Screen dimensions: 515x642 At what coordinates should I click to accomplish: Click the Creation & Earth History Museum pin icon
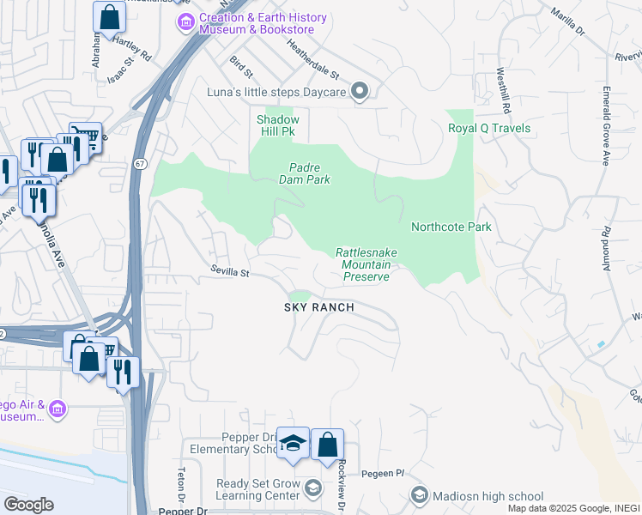tap(185, 23)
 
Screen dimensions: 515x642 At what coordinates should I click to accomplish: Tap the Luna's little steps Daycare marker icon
tap(361, 91)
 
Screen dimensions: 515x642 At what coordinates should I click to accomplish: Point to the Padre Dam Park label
tap(305, 173)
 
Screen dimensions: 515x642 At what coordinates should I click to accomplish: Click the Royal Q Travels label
tap(489, 129)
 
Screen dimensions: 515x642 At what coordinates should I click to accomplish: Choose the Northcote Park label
tap(451, 227)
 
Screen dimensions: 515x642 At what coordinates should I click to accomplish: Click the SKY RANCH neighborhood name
tap(320, 307)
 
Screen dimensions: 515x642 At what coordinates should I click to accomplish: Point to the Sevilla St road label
tap(229, 273)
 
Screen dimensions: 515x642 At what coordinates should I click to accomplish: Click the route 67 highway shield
tap(139, 163)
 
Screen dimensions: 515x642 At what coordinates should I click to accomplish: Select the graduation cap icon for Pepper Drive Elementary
tap(294, 444)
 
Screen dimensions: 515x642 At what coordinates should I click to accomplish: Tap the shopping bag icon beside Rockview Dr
tap(327, 445)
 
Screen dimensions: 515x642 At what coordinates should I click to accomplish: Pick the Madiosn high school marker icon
tap(419, 495)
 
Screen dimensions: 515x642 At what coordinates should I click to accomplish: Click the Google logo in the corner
tap(28, 505)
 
